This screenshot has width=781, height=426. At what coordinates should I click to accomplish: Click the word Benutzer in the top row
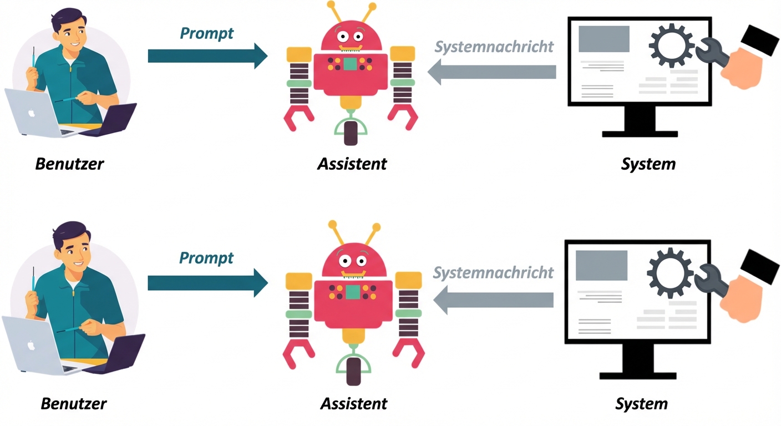[69, 164]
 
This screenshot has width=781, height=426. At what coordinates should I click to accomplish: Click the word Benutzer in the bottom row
[73, 403]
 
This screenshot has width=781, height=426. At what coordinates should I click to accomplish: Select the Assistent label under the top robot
[352, 164]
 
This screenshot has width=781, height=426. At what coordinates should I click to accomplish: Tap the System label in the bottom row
[641, 403]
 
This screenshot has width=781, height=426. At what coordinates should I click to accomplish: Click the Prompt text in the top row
[206, 33]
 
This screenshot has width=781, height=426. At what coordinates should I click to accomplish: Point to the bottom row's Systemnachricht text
[493, 272]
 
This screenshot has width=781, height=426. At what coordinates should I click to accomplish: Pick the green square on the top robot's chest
[349, 64]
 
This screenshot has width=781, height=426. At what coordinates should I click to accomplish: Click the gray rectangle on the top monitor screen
[603, 39]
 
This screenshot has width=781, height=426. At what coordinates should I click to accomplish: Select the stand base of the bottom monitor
[638, 376]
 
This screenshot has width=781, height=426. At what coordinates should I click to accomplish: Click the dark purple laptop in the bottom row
[125, 352]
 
